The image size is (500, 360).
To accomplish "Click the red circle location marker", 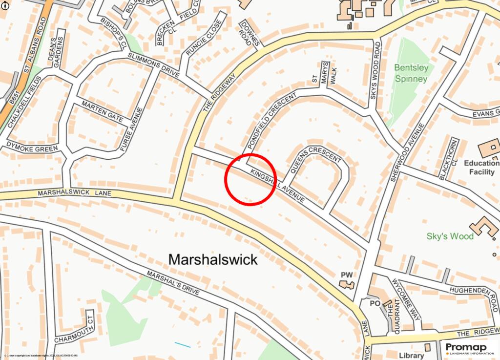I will [x=250, y=179].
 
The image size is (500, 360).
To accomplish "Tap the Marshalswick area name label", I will [x=212, y=259].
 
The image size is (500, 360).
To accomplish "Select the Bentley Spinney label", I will [x=411, y=73].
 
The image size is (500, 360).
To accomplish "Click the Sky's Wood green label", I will [x=450, y=236].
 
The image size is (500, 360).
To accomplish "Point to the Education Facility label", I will [x=481, y=167].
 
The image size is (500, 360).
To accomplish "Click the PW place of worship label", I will [x=346, y=275].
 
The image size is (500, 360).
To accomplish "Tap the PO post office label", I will [x=375, y=303].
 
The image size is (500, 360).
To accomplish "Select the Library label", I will [x=411, y=356].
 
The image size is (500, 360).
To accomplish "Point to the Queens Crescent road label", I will [x=315, y=160].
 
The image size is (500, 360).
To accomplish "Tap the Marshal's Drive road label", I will [x=173, y=283].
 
